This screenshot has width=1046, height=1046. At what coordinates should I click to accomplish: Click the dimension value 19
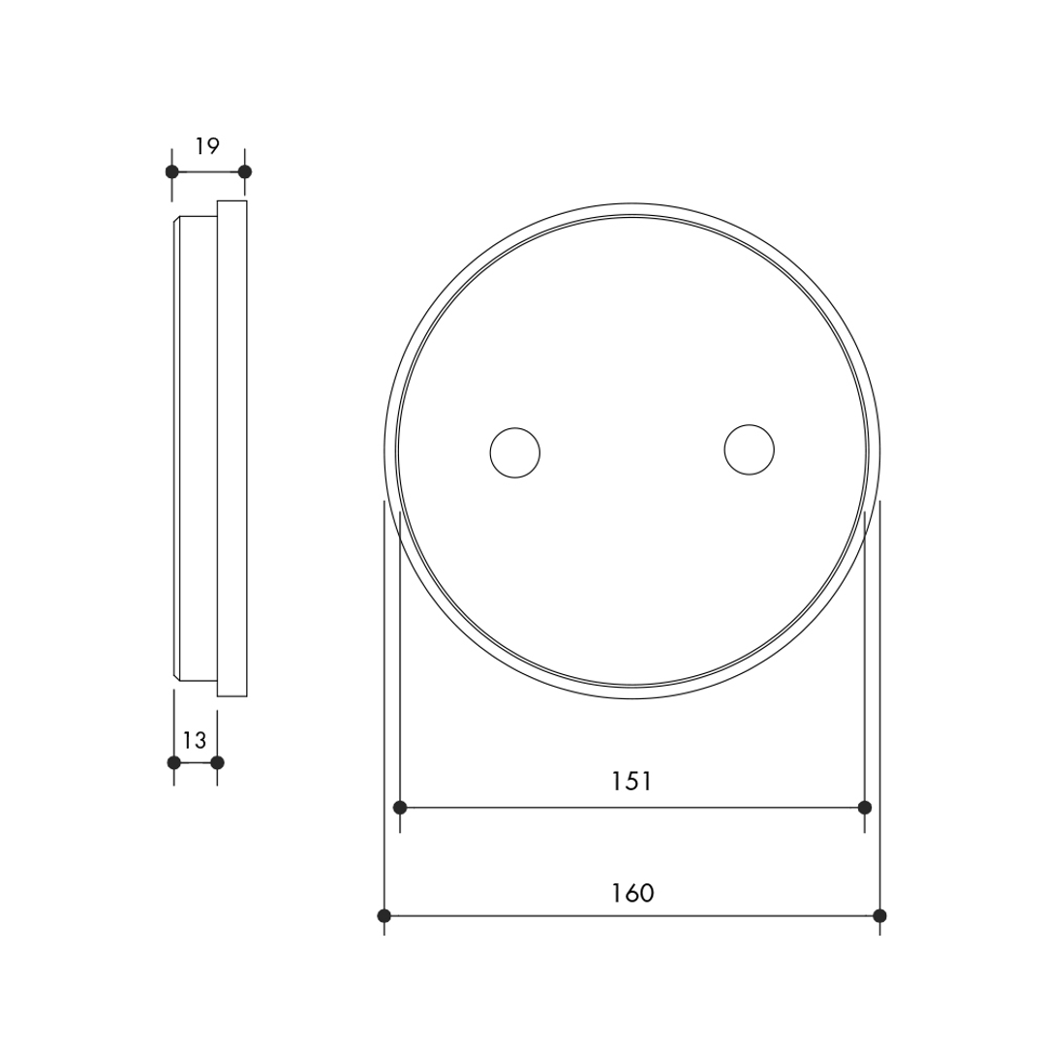207,146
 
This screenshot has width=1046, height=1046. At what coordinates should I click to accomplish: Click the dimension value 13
195,740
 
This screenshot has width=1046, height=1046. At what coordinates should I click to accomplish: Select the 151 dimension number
631,781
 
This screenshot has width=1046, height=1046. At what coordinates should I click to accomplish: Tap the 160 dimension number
632,892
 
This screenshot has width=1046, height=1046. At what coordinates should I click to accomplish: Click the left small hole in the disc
515,452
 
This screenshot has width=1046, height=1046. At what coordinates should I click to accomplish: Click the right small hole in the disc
750,449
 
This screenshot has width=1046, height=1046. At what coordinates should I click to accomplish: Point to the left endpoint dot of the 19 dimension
172,171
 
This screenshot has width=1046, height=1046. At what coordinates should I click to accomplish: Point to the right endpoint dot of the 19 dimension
245,171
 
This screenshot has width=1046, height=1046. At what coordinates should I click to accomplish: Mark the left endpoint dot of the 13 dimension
174,762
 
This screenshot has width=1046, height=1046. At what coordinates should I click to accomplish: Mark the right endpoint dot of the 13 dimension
217,762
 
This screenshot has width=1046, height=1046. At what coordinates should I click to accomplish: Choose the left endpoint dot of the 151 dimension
400,807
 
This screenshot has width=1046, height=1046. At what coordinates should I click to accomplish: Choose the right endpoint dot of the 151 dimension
865,807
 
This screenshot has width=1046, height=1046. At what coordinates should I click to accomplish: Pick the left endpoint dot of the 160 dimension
385,915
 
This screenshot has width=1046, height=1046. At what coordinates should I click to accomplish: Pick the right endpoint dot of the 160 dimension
879,915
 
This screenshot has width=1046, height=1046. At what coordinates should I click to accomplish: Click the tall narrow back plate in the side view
232,447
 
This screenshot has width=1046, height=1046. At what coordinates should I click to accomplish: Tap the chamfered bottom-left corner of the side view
176,675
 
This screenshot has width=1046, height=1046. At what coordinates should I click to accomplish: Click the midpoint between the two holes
632,451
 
